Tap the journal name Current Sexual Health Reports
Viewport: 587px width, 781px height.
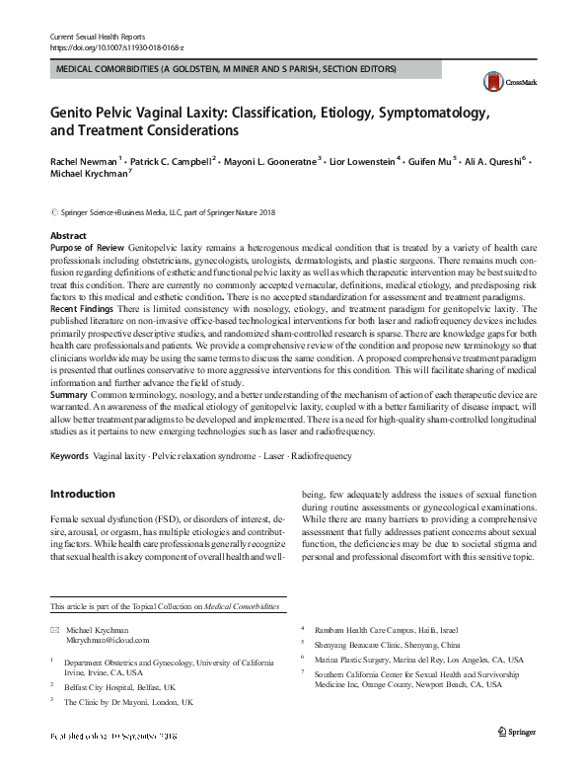point(97,36)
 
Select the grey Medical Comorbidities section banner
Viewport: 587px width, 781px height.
point(227,70)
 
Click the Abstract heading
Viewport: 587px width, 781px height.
point(68,236)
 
